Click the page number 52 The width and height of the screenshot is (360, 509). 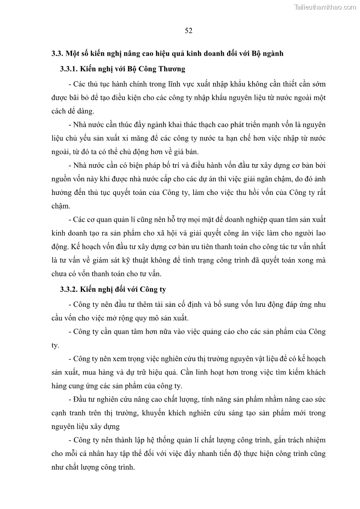click(189, 31)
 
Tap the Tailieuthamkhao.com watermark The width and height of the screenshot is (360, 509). click(326, 7)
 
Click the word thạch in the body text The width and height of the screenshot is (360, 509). click(194, 124)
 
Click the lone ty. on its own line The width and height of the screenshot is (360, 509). click(55, 345)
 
